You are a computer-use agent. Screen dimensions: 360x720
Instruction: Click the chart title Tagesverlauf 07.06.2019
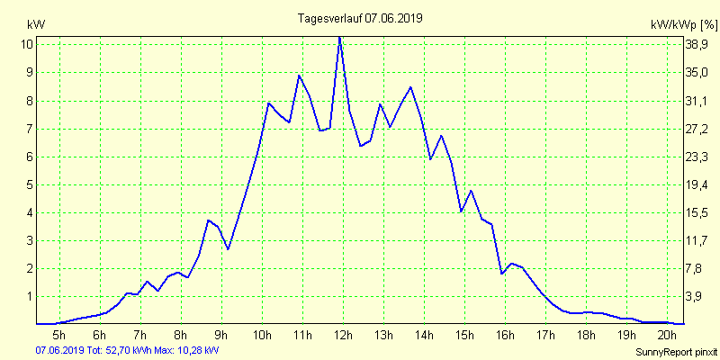[361, 18]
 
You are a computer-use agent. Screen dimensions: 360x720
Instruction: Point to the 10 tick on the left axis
[27, 44]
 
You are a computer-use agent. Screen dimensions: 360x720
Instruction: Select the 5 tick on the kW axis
[29, 184]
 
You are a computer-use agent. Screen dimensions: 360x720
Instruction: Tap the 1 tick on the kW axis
[29, 296]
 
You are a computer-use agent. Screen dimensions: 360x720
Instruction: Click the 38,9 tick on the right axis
[698, 44]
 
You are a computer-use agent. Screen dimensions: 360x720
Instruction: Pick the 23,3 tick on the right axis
[698, 157]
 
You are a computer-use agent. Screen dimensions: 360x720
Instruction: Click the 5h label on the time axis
[59, 335]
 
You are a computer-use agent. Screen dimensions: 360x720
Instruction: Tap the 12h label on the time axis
[343, 335]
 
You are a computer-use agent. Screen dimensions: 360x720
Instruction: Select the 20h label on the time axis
[667, 335]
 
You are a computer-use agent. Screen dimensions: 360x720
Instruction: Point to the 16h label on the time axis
[505, 335]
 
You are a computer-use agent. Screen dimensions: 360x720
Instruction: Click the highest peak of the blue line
[339, 37]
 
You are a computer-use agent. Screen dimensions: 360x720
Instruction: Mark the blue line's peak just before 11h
[299, 75]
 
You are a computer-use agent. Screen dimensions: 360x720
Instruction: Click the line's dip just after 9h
[229, 249]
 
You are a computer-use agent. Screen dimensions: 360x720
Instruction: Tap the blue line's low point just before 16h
[501, 273]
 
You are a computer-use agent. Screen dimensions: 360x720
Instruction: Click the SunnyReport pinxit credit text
[674, 351]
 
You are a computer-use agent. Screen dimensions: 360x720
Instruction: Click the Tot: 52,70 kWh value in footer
[119, 350]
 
